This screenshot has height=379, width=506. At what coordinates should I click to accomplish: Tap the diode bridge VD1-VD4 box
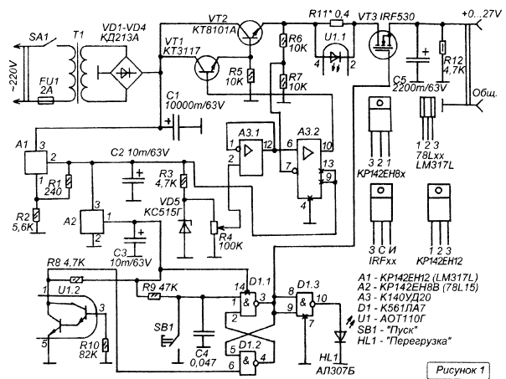127,72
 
